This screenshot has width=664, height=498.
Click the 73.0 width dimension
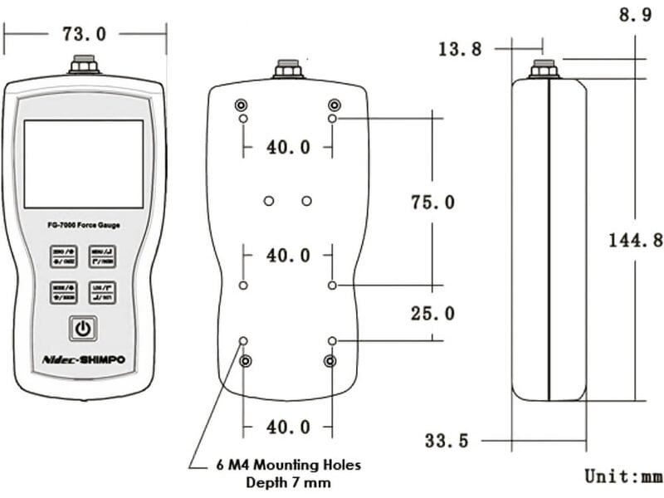click(x=84, y=34)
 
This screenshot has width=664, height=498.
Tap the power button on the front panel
click(x=82, y=329)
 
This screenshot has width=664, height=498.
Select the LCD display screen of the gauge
click(x=83, y=164)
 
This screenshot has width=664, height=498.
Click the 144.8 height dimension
click(x=636, y=241)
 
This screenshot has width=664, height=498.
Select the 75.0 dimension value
click(x=432, y=203)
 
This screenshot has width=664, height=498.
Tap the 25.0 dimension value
click(x=432, y=314)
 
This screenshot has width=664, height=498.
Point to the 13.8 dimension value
click(x=460, y=49)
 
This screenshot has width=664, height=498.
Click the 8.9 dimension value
click(x=635, y=16)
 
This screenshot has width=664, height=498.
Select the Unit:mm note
click(x=623, y=476)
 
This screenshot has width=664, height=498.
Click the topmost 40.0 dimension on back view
click(x=288, y=148)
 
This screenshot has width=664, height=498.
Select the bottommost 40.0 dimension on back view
click(x=288, y=427)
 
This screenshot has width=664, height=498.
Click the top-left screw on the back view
click(x=241, y=105)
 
